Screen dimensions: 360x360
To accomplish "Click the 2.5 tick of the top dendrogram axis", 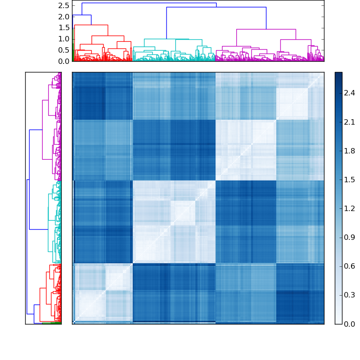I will tap(64, 5).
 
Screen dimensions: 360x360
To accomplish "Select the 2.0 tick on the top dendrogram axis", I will tap(64, 17).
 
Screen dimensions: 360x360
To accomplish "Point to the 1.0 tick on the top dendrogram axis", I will tap(64, 39).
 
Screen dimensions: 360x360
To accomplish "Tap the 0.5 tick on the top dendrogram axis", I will tap(64, 50).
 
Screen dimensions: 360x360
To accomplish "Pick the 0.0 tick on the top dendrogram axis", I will tap(64, 61).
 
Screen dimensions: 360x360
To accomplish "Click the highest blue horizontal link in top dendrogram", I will tap(148, 3).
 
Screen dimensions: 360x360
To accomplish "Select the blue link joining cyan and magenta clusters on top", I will tap(216, 7).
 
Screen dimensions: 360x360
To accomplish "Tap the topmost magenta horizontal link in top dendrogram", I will tap(265, 29).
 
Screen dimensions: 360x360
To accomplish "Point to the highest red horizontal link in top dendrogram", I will tap(91, 25).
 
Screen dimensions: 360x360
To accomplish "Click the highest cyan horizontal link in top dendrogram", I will tap(166, 39).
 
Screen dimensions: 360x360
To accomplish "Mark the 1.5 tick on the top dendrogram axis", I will tap(64, 28).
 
